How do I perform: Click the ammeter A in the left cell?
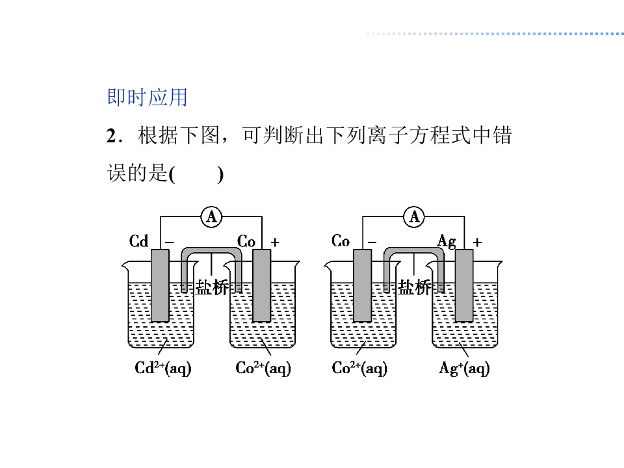(211, 216)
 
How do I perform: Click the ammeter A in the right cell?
(414, 216)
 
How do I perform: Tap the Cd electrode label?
(139, 242)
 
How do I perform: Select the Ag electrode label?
(447, 242)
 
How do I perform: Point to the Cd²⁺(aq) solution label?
(163, 368)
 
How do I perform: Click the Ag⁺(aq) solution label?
(464, 369)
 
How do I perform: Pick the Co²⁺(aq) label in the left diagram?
(263, 368)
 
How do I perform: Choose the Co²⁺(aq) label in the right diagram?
(359, 368)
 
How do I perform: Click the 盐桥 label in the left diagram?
(212, 288)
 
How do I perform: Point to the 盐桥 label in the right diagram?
(415, 288)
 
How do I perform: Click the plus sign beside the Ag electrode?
(478, 242)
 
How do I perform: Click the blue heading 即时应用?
(147, 97)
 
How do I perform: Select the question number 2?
(110, 137)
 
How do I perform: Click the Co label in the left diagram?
(246, 242)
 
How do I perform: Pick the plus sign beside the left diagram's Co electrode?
(275, 242)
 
